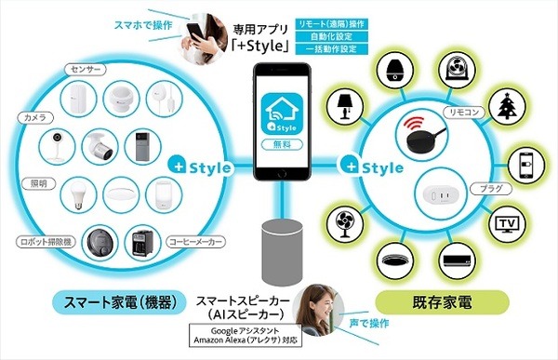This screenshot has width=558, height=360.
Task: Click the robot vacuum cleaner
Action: pos(100,245)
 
